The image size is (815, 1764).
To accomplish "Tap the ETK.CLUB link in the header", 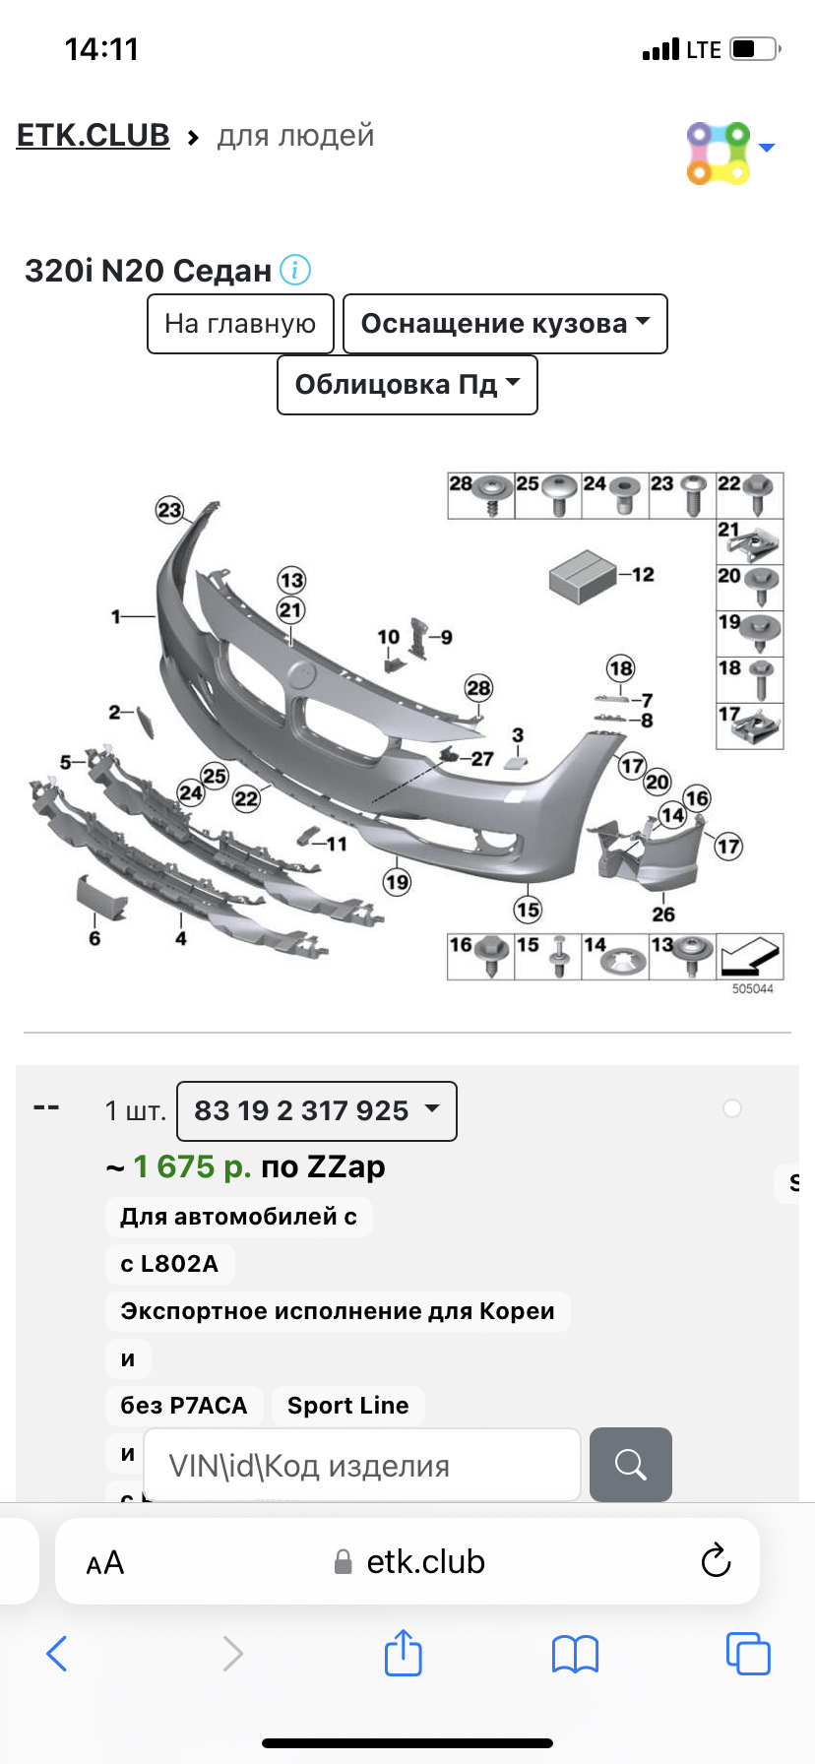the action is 94,135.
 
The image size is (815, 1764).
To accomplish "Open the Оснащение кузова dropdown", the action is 505,324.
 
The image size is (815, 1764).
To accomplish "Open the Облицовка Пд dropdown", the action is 407,385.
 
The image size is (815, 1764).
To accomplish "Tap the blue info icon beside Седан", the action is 295,270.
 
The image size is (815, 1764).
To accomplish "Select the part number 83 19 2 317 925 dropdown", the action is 316,1111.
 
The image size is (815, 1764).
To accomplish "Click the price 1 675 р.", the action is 192,1166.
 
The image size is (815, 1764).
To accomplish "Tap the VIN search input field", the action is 362,1465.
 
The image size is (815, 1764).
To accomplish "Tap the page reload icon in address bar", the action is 716,1561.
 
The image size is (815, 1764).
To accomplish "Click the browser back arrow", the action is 57,1654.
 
